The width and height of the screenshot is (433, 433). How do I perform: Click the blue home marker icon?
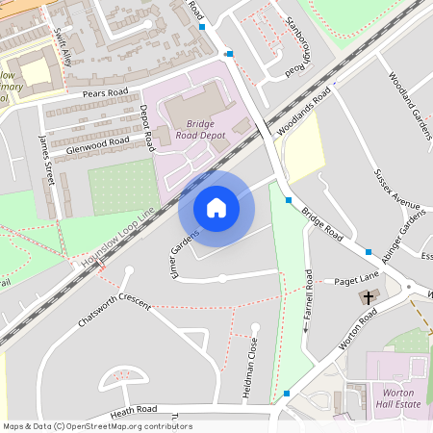(216, 208)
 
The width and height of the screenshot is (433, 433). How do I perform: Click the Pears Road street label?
(106, 94)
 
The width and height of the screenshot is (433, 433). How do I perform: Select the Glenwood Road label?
(97, 144)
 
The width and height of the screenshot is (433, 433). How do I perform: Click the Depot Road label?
(146, 128)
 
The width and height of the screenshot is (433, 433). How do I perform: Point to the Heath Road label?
(133, 411)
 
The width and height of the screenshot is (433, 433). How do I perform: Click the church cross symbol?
(369, 297)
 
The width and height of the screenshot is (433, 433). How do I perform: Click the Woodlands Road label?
(303, 113)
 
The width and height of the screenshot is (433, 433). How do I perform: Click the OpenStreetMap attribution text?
(96, 426)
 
